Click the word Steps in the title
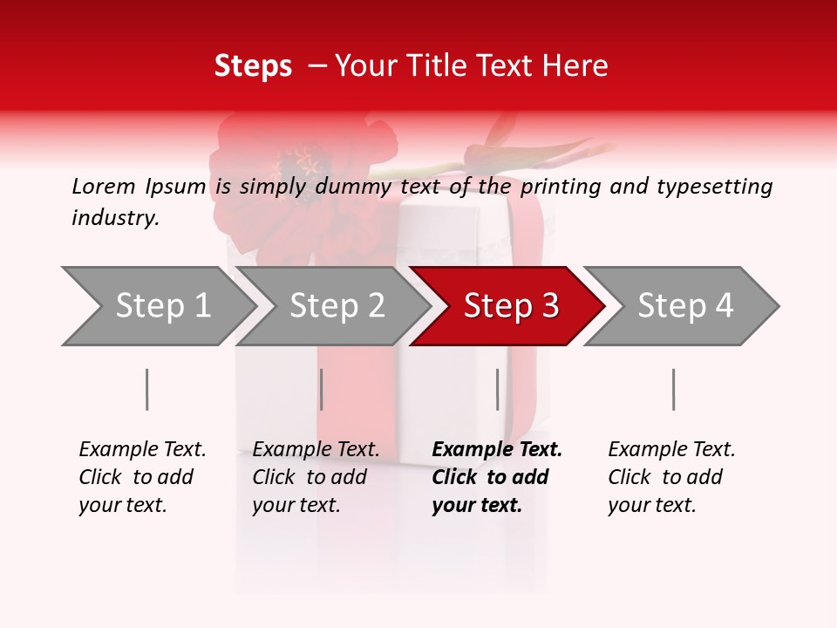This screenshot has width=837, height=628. [253, 66]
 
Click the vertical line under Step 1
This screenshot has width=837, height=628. [146, 389]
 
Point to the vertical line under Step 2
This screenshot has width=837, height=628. [322, 389]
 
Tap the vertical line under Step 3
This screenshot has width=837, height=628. [497, 389]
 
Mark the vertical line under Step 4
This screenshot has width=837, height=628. [673, 389]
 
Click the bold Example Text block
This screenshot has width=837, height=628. [495, 477]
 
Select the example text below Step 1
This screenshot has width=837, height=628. [141, 477]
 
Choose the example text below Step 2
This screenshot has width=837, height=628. [315, 477]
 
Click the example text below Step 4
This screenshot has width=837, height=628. [670, 477]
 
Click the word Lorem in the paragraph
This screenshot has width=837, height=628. [103, 186]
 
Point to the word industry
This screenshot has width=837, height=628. [115, 218]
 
